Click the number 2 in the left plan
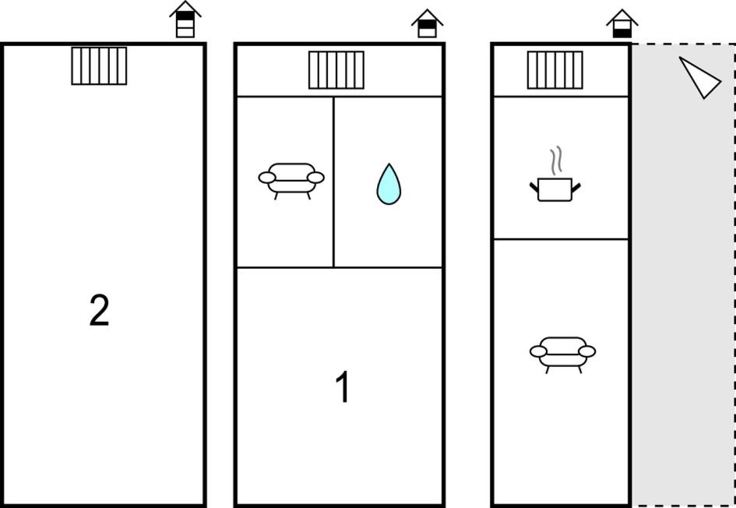(x=100, y=310)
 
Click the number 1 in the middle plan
(x=343, y=386)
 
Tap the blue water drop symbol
(x=389, y=184)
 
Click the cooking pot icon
(x=555, y=189)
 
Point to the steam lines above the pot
(x=556, y=161)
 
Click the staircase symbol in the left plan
(x=99, y=65)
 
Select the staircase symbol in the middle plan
(x=336, y=70)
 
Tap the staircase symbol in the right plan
(x=555, y=70)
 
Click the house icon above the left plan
(x=185, y=19)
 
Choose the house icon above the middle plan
(x=427, y=23)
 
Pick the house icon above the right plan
(x=622, y=23)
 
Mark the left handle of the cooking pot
(x=534, y=187)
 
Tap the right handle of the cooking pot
(x=576, y=187)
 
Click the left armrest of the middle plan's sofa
(x=266, y=178)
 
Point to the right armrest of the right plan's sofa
(x=587, y=351)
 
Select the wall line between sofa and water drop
(x=334, y=182)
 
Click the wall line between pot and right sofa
(x=561, y=239)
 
